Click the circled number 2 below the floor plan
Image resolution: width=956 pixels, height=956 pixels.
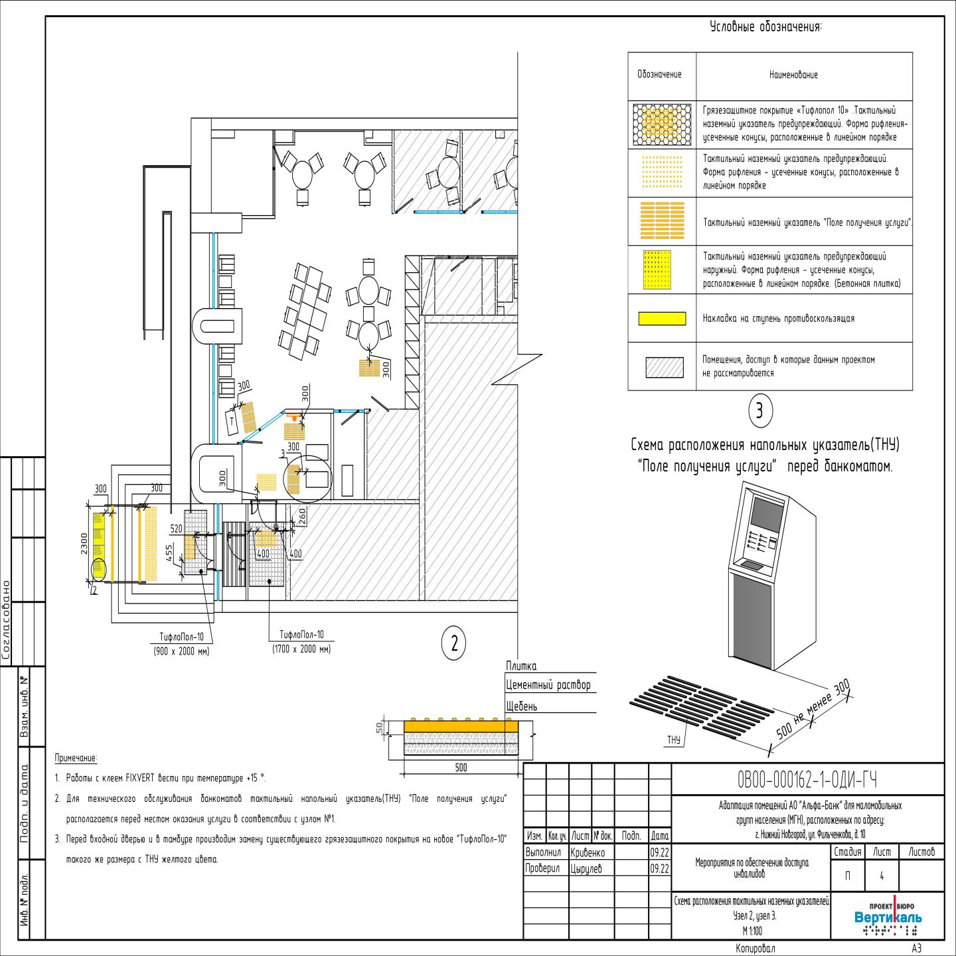[x=454, y=643]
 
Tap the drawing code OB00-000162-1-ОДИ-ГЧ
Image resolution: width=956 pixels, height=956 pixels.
[x=807, y=779]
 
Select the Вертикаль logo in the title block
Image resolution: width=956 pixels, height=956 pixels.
[x=888, y=917]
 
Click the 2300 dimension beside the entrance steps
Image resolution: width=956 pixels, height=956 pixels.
[x=82, y=542]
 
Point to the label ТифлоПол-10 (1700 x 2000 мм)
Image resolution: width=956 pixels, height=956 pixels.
[x=301, y=641]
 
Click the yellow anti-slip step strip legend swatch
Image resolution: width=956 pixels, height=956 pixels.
[x=661, y=319]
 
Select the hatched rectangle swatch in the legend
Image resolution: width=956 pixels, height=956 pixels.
[x=664, y=367]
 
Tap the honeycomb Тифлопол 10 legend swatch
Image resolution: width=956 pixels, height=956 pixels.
[x=661, y=123]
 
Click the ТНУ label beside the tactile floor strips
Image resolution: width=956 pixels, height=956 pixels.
[x=674, y=740]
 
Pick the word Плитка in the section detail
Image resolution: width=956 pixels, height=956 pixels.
[x=521, y=667]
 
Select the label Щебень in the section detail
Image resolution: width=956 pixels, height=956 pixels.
[x=522, y=706]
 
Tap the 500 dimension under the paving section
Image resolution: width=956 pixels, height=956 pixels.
[x=461, y=767]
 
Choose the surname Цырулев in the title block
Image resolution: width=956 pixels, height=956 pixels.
[x=586, y=868]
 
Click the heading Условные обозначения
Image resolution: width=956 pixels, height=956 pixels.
[x=765, y=27]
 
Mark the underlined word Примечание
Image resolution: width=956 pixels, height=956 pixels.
[x=76, y=758]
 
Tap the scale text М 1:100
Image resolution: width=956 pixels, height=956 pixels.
[x=752, y=931]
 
